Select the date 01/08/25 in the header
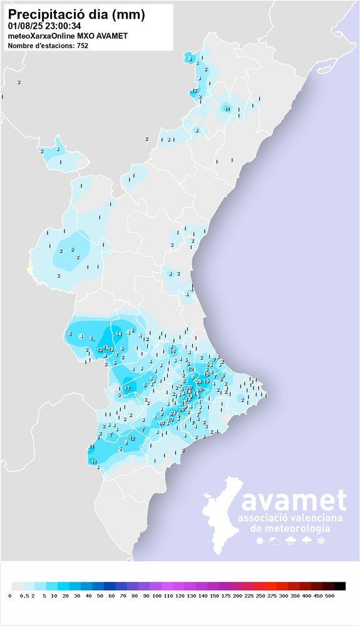pyautogui.click(x=26, y=26)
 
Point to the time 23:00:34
pyautogui.click(x=63, y=26)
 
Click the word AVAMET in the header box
pyautogui.click(x=113, y=36)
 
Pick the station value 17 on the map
pyautogui.click(x=127, y=389)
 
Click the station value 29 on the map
pyautogui.click(x=198, y=381)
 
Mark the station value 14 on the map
pyautogui.click(x=118, y=334)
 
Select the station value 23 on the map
pyautogui.click(x=173, y=413)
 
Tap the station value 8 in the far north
pyautogui.click(x=190, y=59)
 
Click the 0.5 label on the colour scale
pyautogui.click(x=24, y=595)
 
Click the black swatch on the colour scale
pyautogui.click(x=339, y=586)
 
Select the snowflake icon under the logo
pyautogui.click(x=322, y=540)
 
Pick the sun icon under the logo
pyautogui.click(x=259, y=540)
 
